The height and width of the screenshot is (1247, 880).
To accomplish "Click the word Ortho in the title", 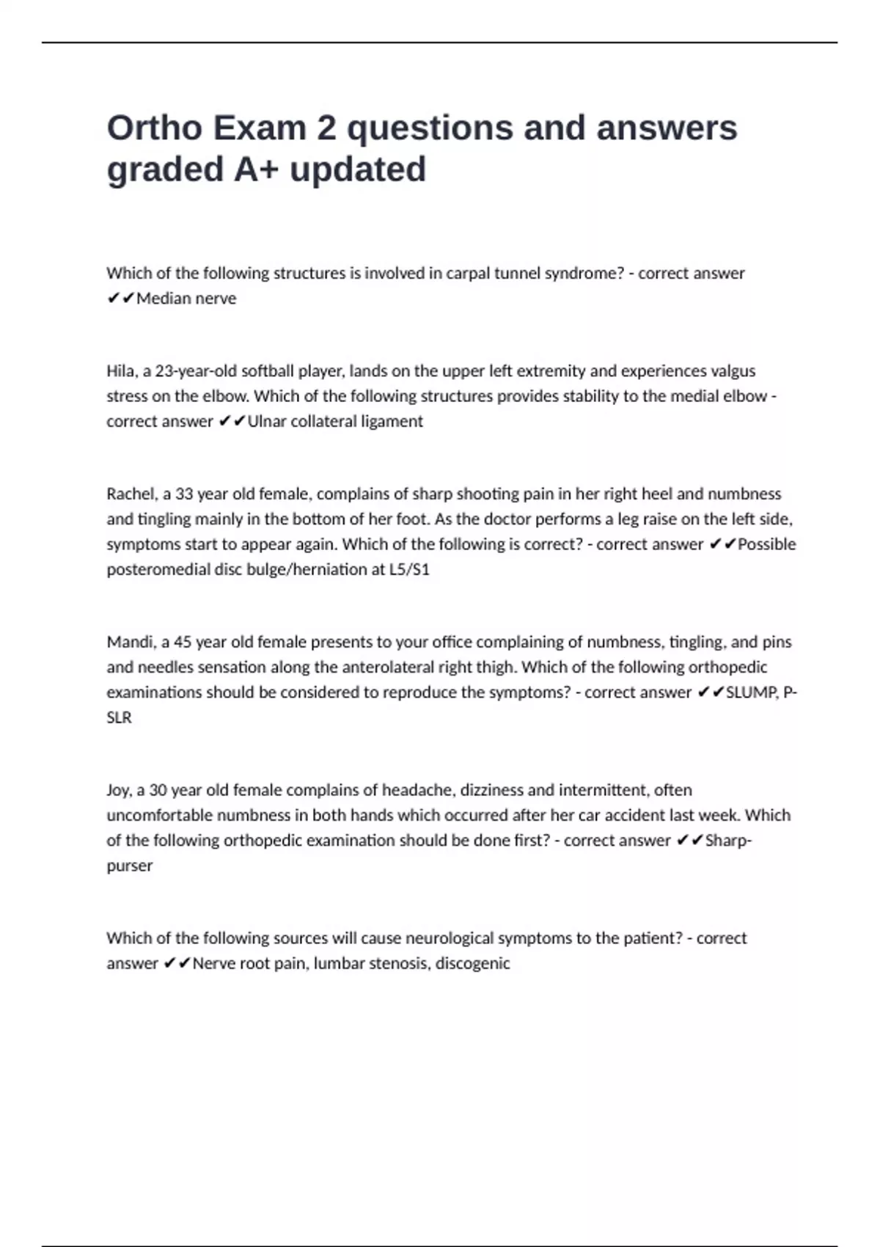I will tap(155, 128).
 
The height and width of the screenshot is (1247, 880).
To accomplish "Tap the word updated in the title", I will tap(358, 169).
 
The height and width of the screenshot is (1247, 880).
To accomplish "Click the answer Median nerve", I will tap(186, 299).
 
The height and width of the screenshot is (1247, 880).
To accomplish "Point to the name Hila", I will tap(121, 371).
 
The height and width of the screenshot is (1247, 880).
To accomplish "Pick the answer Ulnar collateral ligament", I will tap(335, 422).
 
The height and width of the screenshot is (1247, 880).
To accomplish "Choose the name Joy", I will tap(117, 791).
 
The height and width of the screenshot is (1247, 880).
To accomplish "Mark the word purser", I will tap(130, 866).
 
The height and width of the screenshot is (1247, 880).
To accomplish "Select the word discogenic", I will tap(472, 964).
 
